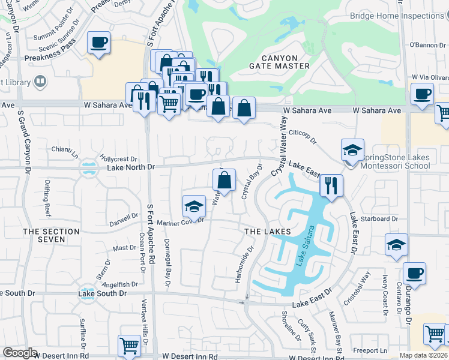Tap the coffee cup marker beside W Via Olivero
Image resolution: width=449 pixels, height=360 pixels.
422,94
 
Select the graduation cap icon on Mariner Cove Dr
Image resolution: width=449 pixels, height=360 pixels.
194,206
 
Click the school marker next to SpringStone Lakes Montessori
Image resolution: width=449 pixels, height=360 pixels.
352,150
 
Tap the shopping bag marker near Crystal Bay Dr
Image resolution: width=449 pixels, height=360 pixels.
224,179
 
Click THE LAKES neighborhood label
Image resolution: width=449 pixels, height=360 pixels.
268,232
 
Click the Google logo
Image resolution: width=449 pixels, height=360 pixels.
19,353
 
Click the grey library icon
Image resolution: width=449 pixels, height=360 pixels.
41,80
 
